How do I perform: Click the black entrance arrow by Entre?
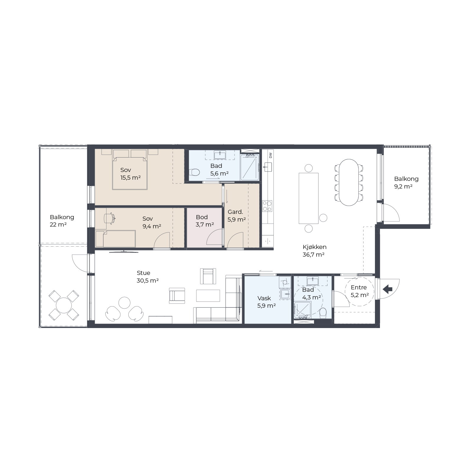pyautogui.click(x=387, y=289)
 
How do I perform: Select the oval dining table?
pyautogui.click(x=349, y=182)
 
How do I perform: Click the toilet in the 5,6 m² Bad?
pyautogui.click(x=195, y=172)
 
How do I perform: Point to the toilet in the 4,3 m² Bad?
pyautogui.click(x=323, y=313)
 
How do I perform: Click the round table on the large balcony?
pyautogui.click(x=64, y=305)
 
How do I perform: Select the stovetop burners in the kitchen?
pyautogui.click(x=267, y=206)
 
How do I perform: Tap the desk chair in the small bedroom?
pyautogui.click(x=109, y=218)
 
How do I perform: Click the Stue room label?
pyautogui.click(x=143, y=273)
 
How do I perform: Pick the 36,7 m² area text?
pyautogui.click(x=314, y=255)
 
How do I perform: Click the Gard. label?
pyautogui.click(x=235, y=212)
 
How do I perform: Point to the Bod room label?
pyautogui.click(x=202, y=217)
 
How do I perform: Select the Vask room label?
pyautogui.click(x=264, y=298)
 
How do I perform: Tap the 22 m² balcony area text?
pyautogui.click(x=58, y=225)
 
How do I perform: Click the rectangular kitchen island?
pyautogui.click(x=309, y=198)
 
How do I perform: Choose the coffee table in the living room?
pyautogui.click(x=208, y=296)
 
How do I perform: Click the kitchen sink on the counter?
pyautogui.click(x=268, y=167)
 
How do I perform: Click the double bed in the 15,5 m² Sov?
pyautogui.click(x=130, y=173)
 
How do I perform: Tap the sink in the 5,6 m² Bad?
pyautogui.click(x=220, y=155)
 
